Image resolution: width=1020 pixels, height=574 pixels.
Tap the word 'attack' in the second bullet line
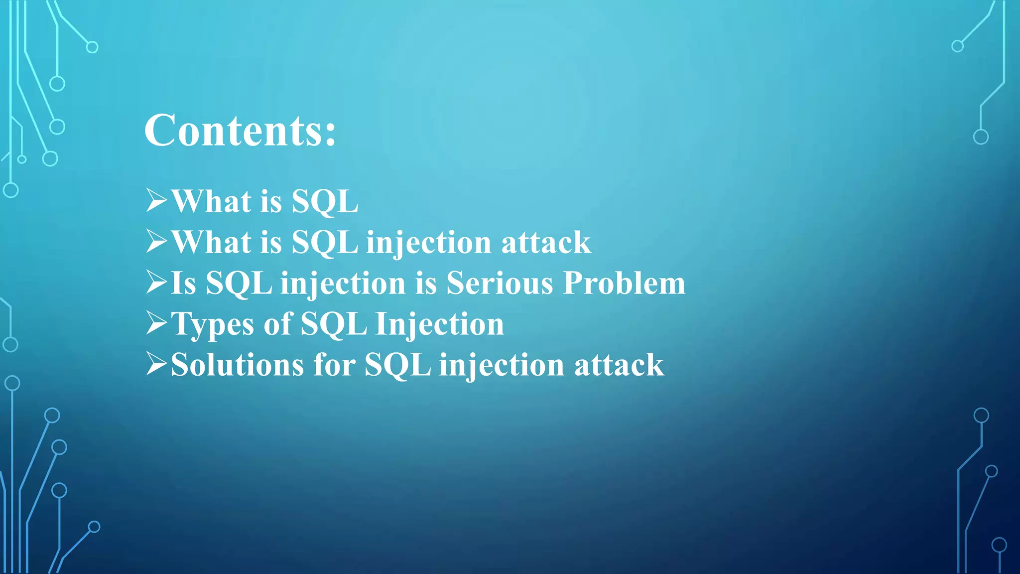tap(546, 243)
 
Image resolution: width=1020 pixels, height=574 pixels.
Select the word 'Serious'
tap(500, 284)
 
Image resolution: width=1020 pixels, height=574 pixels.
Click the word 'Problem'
tap(624, 284)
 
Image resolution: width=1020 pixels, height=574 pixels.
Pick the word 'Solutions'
tap(237, 365)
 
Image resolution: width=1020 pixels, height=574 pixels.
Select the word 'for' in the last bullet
tap(334, 365)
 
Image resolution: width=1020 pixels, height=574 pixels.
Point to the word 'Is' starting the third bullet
tap(183, 284)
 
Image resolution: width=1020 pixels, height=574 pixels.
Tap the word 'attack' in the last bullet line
tap(619, 365)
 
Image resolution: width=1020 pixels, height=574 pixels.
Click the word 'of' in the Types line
tap(277, 324)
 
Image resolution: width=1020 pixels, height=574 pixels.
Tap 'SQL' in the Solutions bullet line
tap(397, 365)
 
